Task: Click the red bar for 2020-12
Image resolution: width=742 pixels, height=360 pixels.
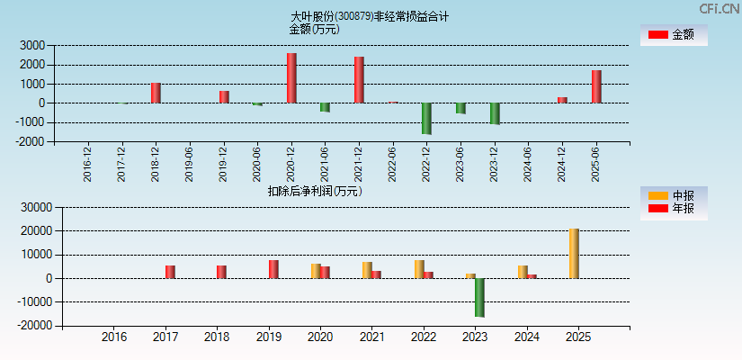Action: (291, 78)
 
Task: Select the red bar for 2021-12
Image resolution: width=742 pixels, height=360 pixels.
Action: (359, 80)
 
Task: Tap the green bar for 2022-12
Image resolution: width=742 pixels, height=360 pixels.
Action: (426, 119)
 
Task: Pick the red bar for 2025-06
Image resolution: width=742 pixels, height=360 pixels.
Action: (596, 86)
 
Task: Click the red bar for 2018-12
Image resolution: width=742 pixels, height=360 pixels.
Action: (156, 93)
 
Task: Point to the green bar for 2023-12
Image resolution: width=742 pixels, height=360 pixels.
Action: (495, 113)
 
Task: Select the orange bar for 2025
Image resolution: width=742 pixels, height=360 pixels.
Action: (574, 254)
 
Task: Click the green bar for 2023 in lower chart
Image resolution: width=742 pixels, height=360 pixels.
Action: (479, 298)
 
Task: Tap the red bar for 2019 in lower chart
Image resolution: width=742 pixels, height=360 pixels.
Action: (273, 269)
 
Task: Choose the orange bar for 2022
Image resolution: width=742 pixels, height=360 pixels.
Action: (419, 269)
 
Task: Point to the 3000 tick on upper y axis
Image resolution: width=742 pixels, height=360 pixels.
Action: (32, 45)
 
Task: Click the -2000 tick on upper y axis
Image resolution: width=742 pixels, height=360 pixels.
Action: (31, 142)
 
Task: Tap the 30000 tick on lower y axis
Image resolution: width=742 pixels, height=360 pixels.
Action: (29, 208)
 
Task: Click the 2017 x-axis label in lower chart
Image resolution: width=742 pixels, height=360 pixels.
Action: (165, 337)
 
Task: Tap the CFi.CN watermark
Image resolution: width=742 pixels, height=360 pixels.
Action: (720, 9)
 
